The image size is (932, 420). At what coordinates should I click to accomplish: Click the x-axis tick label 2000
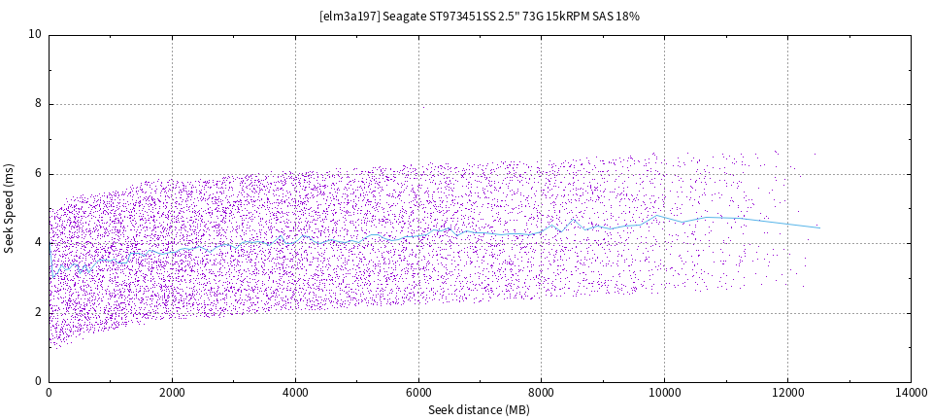tap(172, 394)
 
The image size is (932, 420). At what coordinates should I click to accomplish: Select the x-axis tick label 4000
tap(295, 394)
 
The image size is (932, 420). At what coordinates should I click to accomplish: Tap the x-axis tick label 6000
tap(418, 394)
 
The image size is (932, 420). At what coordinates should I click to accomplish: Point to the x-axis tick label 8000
tap(542, 394)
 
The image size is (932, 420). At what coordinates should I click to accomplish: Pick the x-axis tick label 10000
tap(664, 394)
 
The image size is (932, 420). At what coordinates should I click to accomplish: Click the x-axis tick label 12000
tap(787, 394)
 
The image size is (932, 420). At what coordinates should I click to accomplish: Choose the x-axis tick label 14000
tap(911, 394)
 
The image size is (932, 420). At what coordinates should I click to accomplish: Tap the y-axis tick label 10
tap(35, 34)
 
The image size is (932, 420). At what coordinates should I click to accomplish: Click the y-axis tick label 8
tap(38, 104)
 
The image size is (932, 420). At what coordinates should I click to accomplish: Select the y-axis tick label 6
tap(38, 173)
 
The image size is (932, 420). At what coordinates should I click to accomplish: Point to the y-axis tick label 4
tap(38, 243)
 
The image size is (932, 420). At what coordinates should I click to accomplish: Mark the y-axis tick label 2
tap(38, 312)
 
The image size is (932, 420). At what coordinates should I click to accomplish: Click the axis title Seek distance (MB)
tap(479, 410)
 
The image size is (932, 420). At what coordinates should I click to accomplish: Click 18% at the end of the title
tap(627, 17)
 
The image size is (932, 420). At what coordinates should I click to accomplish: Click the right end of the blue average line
tap(819, 227)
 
